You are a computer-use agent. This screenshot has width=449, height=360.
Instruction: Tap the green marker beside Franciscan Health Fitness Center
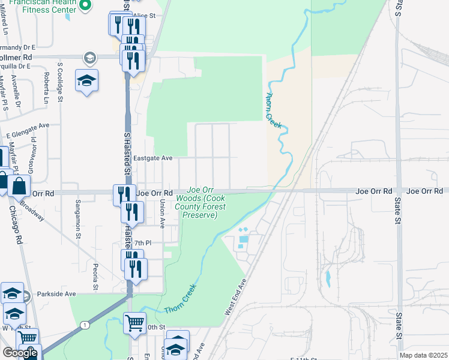(85, 5)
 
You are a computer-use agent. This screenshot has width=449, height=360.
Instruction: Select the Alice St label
(144, 16)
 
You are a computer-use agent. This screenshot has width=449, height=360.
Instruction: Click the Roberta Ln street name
(46, 86)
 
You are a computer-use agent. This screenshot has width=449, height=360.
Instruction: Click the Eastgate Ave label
(152, 158)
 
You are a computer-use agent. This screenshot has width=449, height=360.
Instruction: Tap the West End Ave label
(236, 297)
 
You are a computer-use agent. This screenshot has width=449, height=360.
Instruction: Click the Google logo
(20, 353)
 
